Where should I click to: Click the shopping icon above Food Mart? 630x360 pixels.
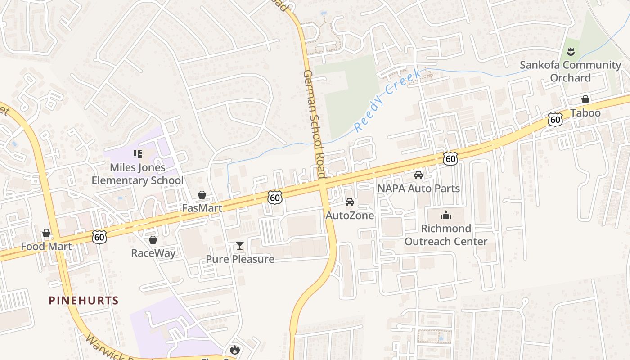46,233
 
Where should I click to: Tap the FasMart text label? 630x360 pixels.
202,208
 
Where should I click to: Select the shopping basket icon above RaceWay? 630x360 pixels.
153,240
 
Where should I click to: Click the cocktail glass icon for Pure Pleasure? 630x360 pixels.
240,246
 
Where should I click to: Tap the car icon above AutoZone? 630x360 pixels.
350,202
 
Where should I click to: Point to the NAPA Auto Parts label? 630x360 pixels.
418,188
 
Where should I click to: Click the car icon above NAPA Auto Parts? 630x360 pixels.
418,175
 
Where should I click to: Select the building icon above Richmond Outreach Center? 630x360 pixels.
446,215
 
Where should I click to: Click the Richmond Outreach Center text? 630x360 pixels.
446,235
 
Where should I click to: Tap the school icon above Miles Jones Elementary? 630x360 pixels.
138,154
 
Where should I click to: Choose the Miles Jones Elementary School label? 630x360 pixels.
138,174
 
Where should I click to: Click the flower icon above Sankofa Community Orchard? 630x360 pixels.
571,51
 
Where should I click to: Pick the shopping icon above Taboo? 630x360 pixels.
585,99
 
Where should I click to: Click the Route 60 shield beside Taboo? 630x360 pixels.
556,119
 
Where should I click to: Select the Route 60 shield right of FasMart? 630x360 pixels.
274,197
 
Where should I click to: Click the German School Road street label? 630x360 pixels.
314,124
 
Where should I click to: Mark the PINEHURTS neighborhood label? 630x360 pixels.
84,301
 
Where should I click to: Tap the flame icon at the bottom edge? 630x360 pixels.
234,350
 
